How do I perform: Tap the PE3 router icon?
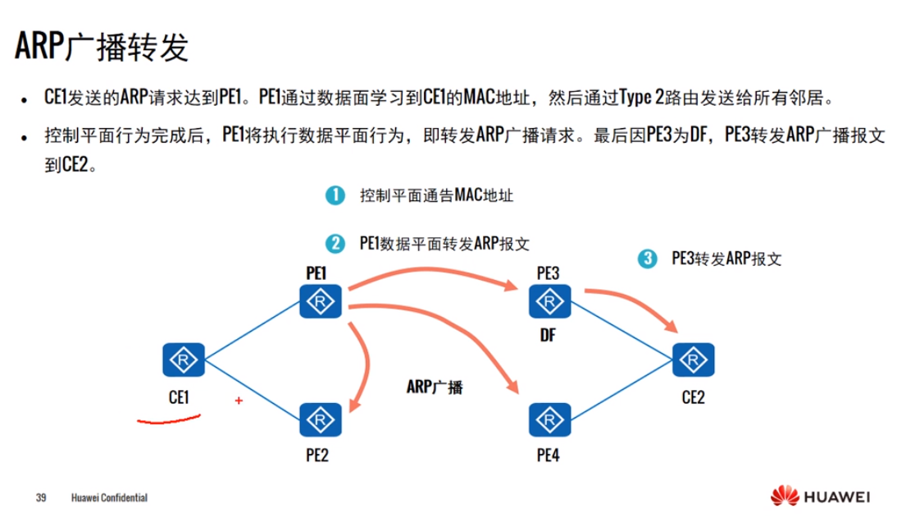point(548,304)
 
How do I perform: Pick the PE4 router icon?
point(548,420)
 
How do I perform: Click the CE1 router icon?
point(184,361)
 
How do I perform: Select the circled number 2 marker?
point(334,243)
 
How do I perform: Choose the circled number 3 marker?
point(647,259)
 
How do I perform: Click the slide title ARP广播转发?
point(102,47)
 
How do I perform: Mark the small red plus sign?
point(239,401)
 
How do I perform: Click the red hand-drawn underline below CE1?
point(168,422)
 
